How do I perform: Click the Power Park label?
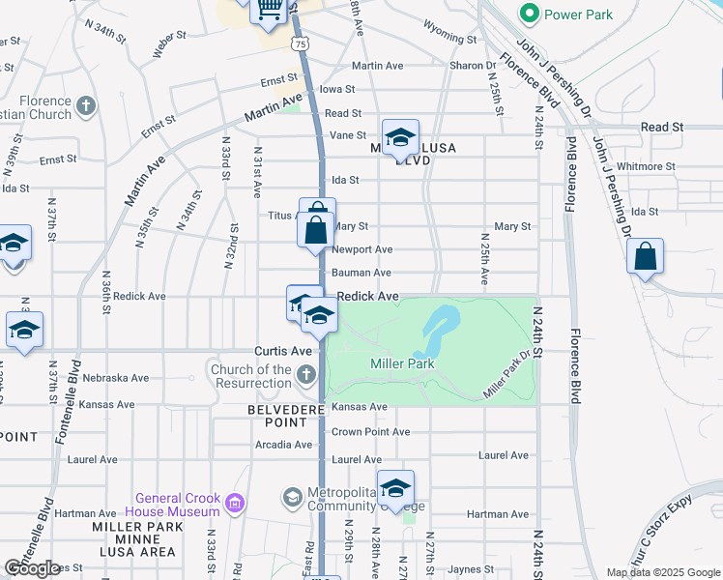point(577,14)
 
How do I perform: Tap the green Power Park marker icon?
point(529,14)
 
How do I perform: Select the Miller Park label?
point(402,363)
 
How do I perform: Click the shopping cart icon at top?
point(269,10)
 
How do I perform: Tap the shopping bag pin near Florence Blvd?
point(645,258)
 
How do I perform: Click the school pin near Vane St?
point(399,138)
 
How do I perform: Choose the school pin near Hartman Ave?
point(395,490)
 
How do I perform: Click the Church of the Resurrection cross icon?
point(306,375)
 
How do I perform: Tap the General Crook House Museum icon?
point(233,503)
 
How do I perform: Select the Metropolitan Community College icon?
point(292,498)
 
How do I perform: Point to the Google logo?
point(32,568)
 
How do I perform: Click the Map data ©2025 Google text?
point(662,572)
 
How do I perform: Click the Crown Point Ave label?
point(370,431)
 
